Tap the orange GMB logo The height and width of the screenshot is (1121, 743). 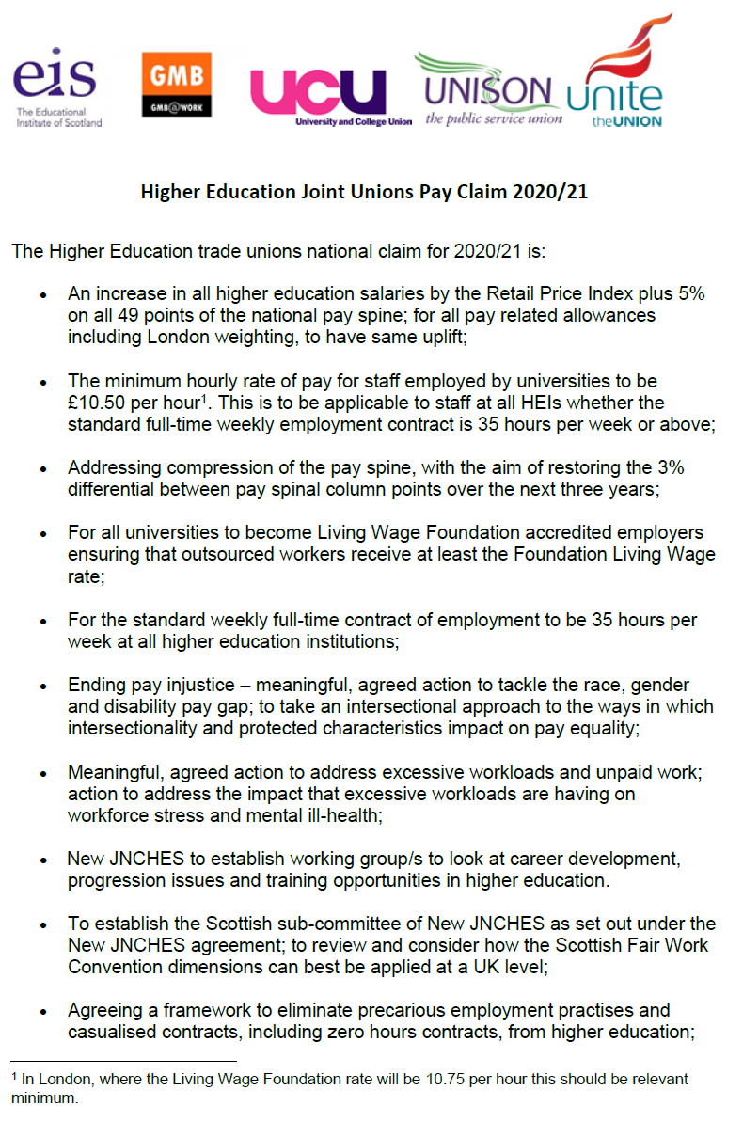(176, 84)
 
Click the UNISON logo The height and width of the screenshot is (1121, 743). (487, 91)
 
